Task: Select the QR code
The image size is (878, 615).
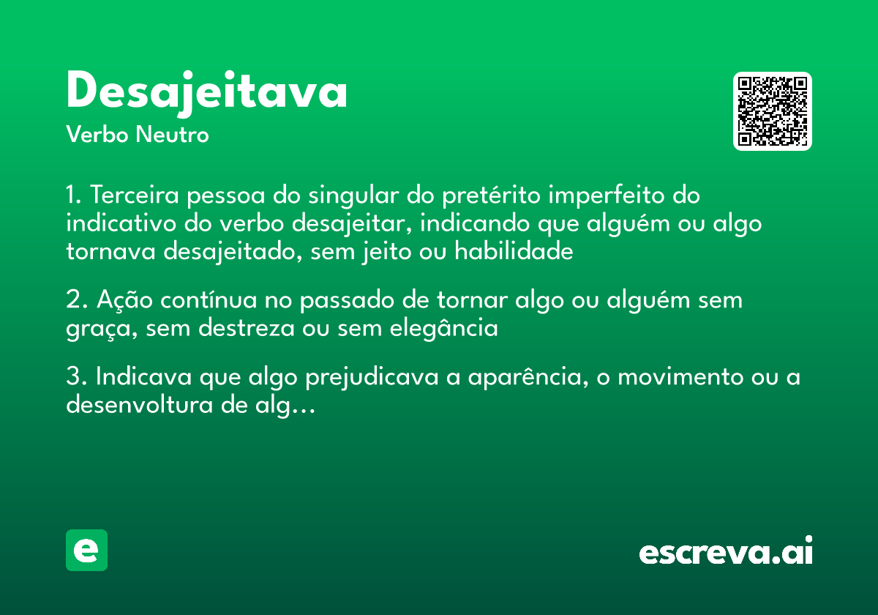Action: [773, 111]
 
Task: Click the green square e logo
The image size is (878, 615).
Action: [86, 550]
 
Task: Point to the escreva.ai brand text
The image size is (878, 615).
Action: [726, 551]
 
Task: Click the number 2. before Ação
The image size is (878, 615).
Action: [76, 300]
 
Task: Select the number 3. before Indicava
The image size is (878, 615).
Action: [76, 378]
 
